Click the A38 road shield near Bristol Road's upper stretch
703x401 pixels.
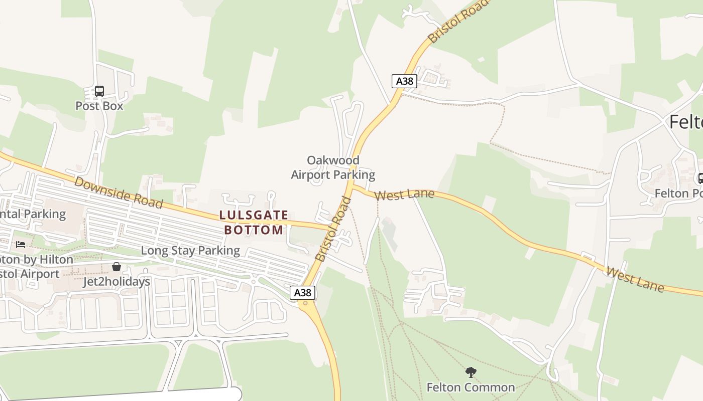404,81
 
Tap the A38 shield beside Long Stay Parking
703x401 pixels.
302,293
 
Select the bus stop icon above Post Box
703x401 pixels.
99,91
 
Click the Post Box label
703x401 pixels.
99,106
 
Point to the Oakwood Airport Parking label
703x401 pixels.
333,167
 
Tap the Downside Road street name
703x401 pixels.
119,192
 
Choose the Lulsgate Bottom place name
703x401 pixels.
254,223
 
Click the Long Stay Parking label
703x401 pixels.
190,250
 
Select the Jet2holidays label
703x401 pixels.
116,282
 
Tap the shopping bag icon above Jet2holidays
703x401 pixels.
116,267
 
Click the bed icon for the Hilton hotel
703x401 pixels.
21,245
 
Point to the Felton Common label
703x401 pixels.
471,387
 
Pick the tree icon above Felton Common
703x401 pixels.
471,372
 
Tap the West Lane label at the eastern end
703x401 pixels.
635,280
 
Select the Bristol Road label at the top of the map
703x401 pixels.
457,21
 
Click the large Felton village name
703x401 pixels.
686,122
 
